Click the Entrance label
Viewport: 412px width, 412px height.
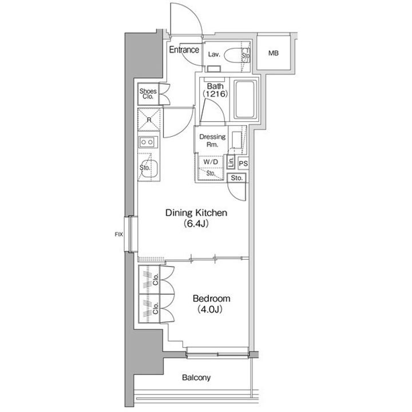point(184,50)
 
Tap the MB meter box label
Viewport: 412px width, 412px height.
point(274,53)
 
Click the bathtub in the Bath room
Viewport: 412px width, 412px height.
point(245,100)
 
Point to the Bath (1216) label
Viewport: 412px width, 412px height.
point(215,90)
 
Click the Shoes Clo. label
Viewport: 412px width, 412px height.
point(148,94)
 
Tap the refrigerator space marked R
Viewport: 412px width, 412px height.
point(149,120)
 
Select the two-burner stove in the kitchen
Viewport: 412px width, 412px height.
point(148,142)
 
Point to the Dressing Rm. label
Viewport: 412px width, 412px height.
point(212,140)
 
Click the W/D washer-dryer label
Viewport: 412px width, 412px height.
point(211,162)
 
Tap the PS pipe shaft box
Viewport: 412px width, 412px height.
point(243,164)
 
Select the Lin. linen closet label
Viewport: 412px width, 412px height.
point(231,162)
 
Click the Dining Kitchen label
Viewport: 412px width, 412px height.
point(196,212)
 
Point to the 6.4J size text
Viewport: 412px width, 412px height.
point(196,224)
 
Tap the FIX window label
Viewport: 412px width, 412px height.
point(119,234)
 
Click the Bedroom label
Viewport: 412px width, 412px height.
point(212,299)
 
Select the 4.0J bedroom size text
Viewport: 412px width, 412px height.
point(210,310)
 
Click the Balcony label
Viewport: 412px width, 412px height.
point(196,378)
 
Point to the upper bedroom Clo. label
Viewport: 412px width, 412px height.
point(156,280)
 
